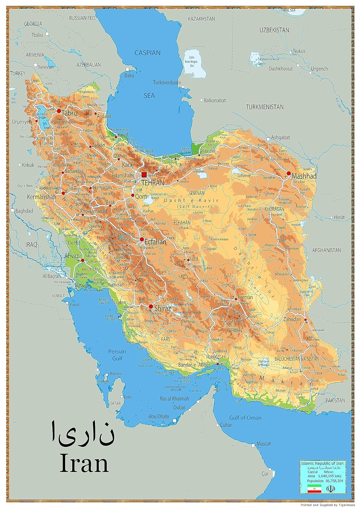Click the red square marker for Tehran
tap(144, 175)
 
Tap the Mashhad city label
tap(304, 176)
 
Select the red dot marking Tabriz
tap(59, 111)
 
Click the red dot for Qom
tap(133, 195)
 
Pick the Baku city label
tap(129, 75)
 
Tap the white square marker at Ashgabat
tap(268, 139)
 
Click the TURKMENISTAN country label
tap(264, 107)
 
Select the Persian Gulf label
tap(117, 355)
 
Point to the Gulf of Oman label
tap(245, 418)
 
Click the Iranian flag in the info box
tap(314, 489)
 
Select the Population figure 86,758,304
tap(330, 481)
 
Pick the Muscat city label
tap(263, 444)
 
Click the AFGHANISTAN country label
tap(326, 250)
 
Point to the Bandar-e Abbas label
tap(192, 365)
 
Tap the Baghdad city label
tap(24, 211)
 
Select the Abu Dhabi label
tap(159, 416)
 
